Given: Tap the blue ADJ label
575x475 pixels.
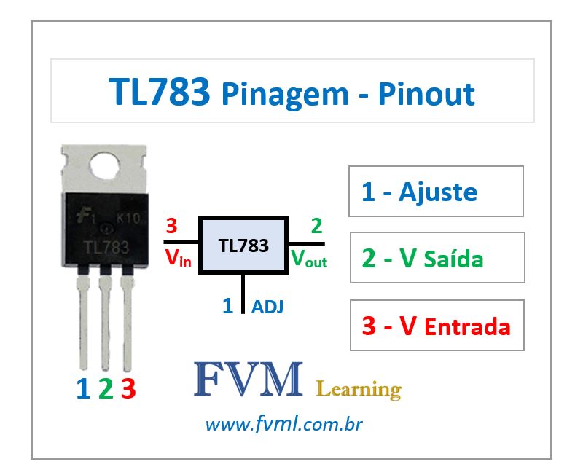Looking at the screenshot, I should (x=267, y=307).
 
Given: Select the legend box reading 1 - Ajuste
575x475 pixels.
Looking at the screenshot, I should (x=436, y=192).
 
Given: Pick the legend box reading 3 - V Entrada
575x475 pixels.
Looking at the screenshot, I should (x=437, y=326).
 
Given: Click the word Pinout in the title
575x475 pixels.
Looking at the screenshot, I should (x=426, y=94).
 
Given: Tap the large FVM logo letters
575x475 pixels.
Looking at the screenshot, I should (x=248, y=380).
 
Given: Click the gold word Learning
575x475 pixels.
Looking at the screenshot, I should (x=359, y=389).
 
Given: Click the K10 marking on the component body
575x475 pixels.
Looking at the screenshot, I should (x=128, y=218).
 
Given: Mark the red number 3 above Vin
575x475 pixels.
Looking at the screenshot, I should (x=171, y=224).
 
